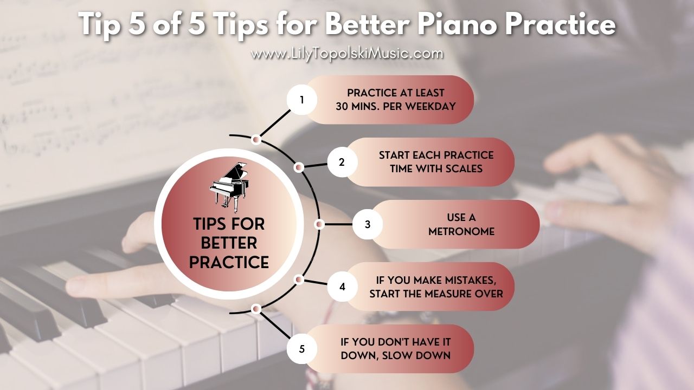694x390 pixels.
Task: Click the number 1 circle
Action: (302, 100)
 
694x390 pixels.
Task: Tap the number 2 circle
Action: (342, 162)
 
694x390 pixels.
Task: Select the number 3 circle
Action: (368, 224)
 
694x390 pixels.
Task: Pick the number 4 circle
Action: (342, 287)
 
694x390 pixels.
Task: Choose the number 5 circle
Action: (302, 349)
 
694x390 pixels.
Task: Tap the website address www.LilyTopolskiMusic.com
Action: (347, 54)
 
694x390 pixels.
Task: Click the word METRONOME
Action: (461, 231)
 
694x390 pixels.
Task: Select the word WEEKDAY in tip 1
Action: (429, 106)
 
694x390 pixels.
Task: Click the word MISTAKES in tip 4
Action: (471, 280)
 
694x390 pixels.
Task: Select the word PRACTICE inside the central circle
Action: (229, 262)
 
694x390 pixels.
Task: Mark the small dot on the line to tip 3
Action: (319, 224)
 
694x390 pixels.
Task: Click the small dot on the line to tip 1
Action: (256, 140)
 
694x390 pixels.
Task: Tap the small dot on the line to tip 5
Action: (256, 309)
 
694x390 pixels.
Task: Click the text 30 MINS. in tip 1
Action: (360, 106)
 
